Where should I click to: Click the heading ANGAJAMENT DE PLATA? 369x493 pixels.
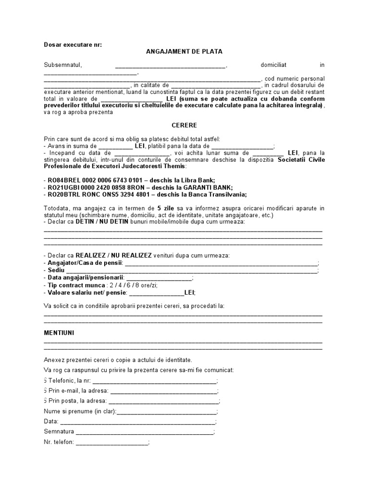click(x=184, y=52)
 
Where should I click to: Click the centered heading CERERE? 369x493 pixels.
click(x=184, y=125)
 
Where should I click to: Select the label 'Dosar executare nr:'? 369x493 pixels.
click(x=73, y=44)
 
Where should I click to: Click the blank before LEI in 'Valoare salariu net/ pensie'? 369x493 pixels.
click(x=156, y=292)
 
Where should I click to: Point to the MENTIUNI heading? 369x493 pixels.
click(x=59, y=333)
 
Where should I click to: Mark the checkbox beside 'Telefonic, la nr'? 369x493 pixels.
click(x=45, y=380)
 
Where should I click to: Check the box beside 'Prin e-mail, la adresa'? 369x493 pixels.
click(x=45, y=390)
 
